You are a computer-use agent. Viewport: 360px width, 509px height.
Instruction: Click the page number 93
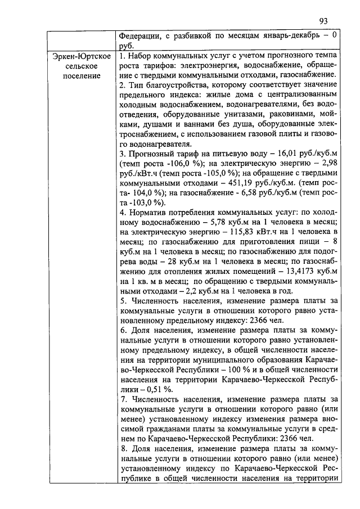pyautogui.click(x=323, y=21)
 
